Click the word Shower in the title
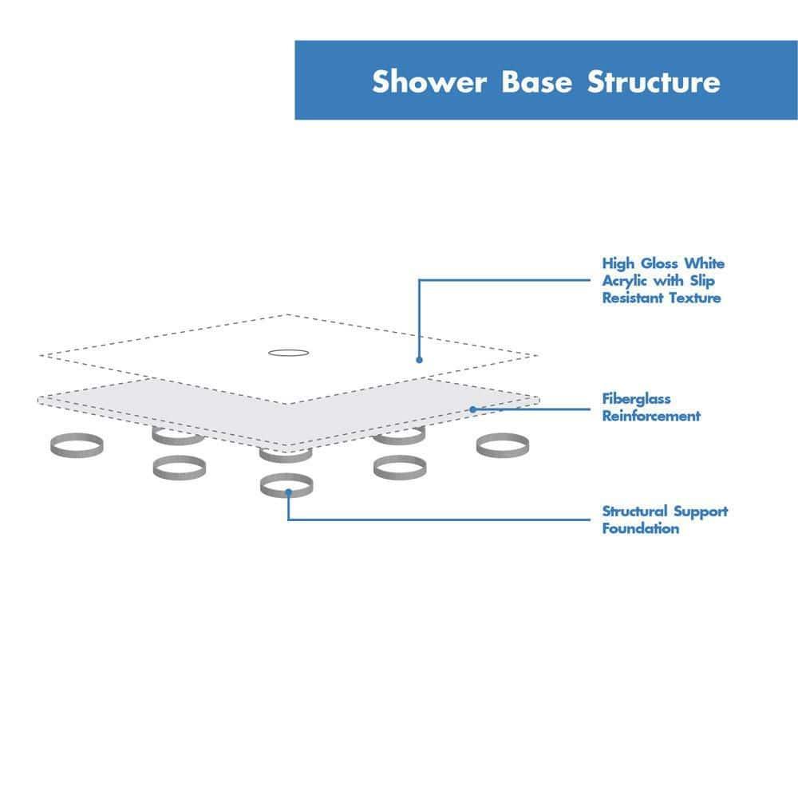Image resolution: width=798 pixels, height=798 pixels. (429, 81)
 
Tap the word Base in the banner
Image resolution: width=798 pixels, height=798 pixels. (537, 81)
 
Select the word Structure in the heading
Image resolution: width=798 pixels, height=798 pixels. (654, 81)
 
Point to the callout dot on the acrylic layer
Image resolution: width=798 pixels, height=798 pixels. (419, 359)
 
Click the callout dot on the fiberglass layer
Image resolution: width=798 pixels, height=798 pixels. (472, 409)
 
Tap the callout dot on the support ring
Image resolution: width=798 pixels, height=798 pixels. (287, 494)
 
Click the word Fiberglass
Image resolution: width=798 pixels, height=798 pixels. (636, 399)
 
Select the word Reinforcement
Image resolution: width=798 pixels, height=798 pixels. (651, 416)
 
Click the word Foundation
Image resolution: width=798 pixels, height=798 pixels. (640, 528)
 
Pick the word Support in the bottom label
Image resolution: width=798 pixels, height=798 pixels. (701, 512)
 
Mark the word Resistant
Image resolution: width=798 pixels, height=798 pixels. (631, 298)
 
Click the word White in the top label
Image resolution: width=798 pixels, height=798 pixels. (707, 263)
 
